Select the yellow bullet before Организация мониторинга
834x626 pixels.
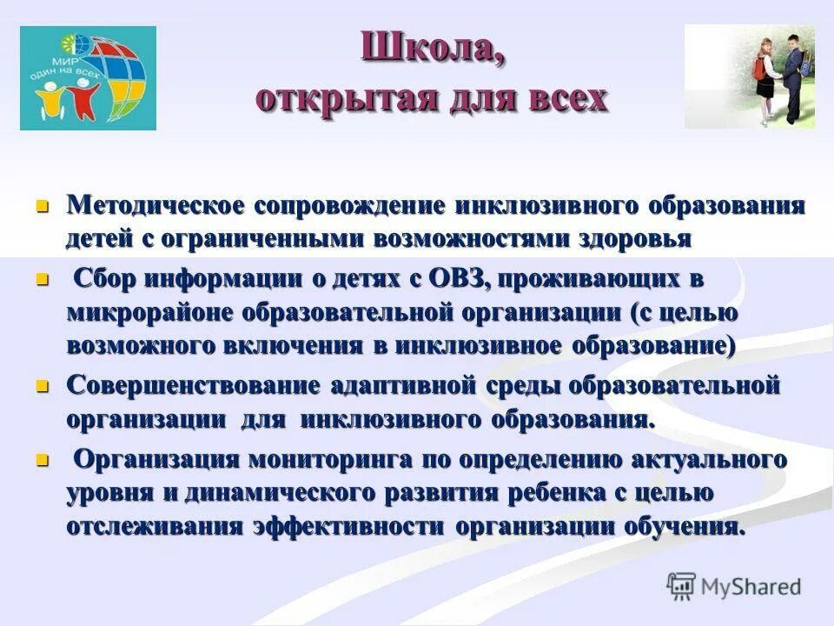click(41, 461)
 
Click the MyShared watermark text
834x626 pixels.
click(752, 587)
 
